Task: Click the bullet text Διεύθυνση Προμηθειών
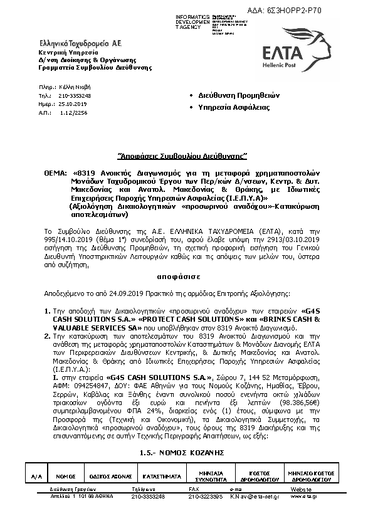239,95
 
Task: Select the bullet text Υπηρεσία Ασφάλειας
234,107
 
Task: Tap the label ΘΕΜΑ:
55,170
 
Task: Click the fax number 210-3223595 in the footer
206,496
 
